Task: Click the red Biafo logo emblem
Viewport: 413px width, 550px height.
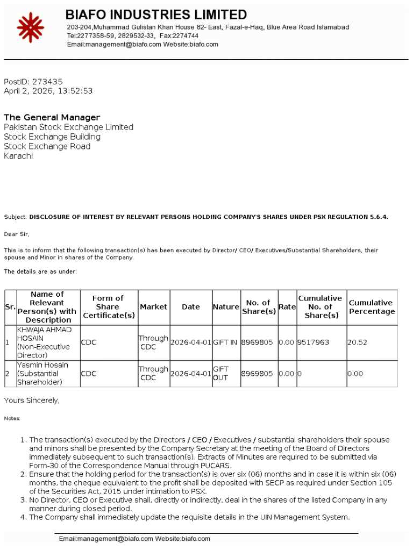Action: pyautogui.click(x=30, y=27)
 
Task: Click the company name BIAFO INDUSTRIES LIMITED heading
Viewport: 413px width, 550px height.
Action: pyautogui.click(x=156, y=15)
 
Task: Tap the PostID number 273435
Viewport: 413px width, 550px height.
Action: pyautogui.click(x=47, y=82)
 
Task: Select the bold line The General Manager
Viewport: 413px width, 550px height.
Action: pyautogui.click(x=52, y=117)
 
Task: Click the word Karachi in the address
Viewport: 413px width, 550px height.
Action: pyautogui.click(x=18, y=156)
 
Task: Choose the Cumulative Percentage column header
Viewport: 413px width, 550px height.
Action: pyautogui.click(x=371, y=307)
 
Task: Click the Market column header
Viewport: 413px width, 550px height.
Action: pyautogui.click(x=153, y=307)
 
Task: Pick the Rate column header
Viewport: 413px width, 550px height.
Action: pyautogui.click(x=287, y=307)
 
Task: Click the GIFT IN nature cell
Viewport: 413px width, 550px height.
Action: pyautogui.click(x=225, y=342)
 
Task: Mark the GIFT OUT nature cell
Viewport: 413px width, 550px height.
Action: pyautogui.click(x=220, y=374)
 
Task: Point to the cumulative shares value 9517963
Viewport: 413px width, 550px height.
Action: pyautogui.click(x=313, y=342)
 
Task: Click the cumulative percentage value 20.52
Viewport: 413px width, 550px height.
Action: pyautogui.click(x=357, y=342)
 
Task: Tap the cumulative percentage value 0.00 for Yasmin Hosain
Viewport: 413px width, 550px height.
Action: pyautogui.click(x=355, y=374)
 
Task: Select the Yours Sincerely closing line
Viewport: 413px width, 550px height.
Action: pyautogui.click(x=32, y=401)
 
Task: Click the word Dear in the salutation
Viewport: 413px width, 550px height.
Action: pyautogui.click(x=11, y=234)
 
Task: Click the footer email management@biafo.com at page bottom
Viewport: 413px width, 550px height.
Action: pyautogui.click(x=105, y=539)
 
